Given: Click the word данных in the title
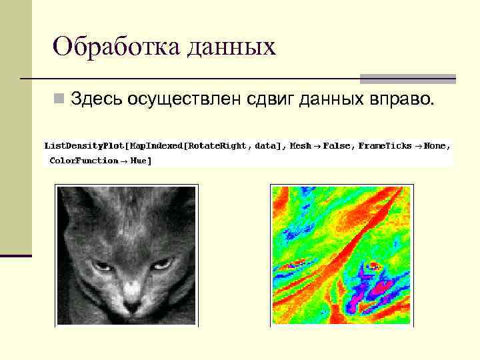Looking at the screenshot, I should [231, 48].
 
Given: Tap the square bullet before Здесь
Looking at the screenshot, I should [60, 99].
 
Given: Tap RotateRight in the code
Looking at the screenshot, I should [217, 145].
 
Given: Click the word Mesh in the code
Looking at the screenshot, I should [301, 145].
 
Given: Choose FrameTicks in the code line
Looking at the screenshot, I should [385, 145].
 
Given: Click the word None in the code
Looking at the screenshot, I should [437, 145].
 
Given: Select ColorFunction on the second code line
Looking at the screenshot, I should [84, 161].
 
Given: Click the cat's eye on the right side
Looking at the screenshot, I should [162, 265].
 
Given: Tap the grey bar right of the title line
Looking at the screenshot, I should [408, 79].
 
